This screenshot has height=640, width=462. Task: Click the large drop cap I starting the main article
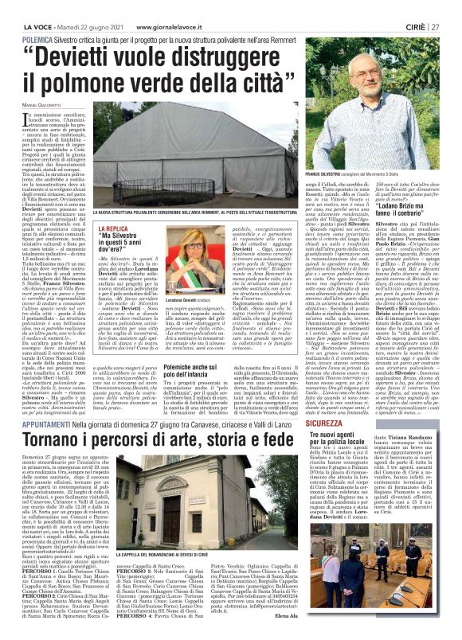35,119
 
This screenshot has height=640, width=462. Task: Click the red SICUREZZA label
327,426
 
